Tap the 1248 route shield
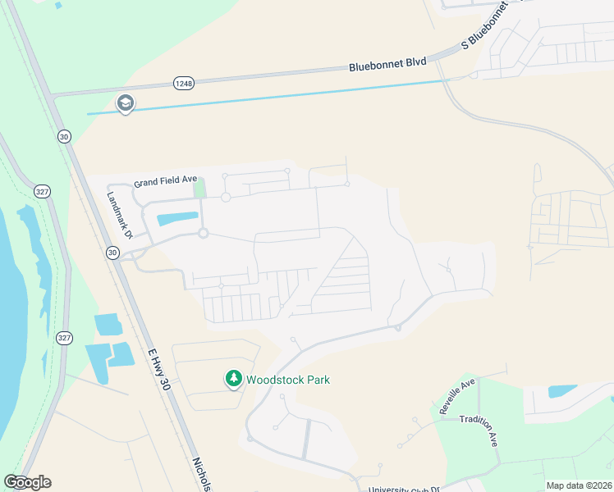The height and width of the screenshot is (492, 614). pos(183,83)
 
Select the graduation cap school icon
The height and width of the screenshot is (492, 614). pos(126,103)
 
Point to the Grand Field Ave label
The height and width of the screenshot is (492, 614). pos(166,180)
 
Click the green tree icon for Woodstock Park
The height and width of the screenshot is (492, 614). pos(234,379)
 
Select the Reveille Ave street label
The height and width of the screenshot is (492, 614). pos(457,396)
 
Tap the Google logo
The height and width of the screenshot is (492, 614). pos(27,482)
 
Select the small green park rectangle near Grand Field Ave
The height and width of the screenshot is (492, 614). pos(199,187)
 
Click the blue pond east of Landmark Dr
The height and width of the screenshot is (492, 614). pos(177,219)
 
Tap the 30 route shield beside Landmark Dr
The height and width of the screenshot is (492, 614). pos(112,253)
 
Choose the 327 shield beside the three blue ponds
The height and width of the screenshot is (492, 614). pos(63,337)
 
